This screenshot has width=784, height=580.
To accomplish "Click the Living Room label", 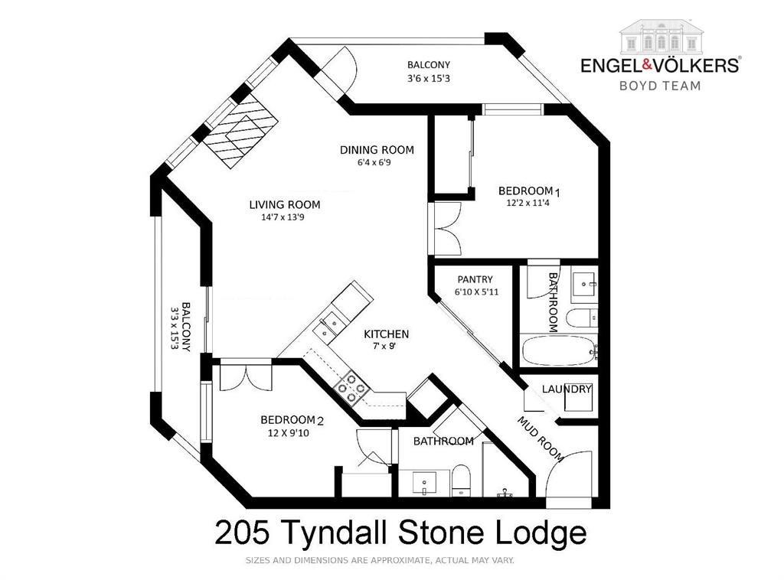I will [x=284, y=204].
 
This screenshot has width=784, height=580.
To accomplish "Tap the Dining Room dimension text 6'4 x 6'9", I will [x=377, y=162].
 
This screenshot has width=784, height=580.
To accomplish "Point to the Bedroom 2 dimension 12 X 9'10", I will [x=287, y=433].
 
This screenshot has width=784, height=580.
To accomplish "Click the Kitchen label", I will [x=386, y=334].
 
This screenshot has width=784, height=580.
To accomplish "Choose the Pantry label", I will [x=475, y=279].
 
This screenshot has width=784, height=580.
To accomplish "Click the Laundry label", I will [x=567, y=389].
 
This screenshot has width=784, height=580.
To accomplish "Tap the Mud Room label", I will [x=541, y=439].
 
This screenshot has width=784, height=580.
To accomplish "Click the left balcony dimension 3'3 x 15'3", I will [x=175, y=328].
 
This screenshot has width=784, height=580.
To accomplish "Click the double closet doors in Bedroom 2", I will [x=245, y=379].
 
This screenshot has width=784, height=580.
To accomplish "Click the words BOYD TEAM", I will [x=659, y=86].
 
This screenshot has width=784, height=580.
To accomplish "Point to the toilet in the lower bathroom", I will [x=461, y=478].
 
